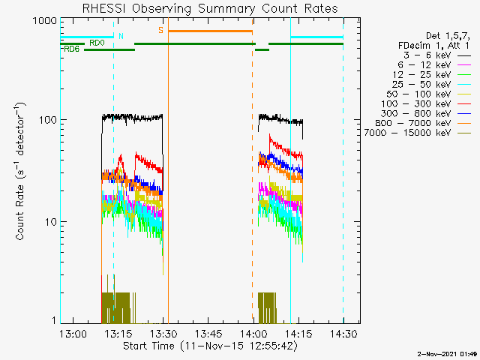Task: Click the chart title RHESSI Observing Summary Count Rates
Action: pos(210,8)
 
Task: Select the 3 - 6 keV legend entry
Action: pos(436,55)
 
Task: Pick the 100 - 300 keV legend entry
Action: pos(426,104)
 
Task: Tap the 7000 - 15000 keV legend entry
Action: pos(418,133)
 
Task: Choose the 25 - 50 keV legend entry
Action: pos(431,85)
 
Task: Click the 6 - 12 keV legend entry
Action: pos(434,65)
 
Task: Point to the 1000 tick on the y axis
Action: pos(45,21)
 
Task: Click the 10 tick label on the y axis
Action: pos(51,222)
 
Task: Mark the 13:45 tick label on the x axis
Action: pos(208,333)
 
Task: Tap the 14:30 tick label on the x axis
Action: pos(343,333)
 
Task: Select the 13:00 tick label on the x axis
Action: pos(73,333)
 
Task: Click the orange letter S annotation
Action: pos(160,30)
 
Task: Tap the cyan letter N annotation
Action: pos(121,36)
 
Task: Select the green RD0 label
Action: pos(97,43)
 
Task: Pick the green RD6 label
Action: pos(72,49)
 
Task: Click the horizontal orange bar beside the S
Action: pos(210,31)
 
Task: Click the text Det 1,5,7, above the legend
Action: pos(448,36)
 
